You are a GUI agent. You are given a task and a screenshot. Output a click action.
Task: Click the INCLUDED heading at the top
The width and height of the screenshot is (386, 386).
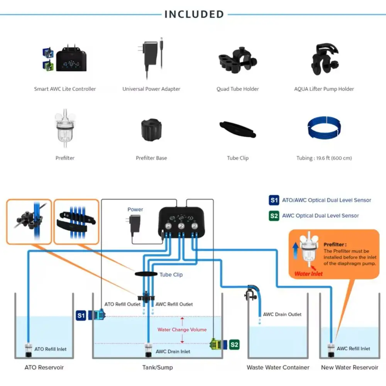pos(194,14)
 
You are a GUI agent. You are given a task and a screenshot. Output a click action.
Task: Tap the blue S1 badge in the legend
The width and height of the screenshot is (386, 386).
pos(274,200)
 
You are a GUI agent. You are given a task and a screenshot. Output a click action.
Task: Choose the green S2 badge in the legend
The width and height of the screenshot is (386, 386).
pos(274,216)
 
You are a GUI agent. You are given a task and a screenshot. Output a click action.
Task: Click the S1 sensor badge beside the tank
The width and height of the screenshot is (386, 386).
pos(81,315)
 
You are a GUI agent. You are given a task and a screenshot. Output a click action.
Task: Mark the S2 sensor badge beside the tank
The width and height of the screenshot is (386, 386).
pos(234,344)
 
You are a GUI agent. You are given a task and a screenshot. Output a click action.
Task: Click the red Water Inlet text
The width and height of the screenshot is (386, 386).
pos(308,274)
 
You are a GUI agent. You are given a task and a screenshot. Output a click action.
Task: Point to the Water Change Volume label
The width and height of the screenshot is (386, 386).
pos(182,330)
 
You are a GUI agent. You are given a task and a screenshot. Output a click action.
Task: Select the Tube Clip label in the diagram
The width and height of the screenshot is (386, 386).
pos(171,275)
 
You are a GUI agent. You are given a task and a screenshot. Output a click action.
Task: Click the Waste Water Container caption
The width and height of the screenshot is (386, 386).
pos(278,367)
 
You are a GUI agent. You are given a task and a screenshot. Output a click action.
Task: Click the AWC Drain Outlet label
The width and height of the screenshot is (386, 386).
pos(282,314)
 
